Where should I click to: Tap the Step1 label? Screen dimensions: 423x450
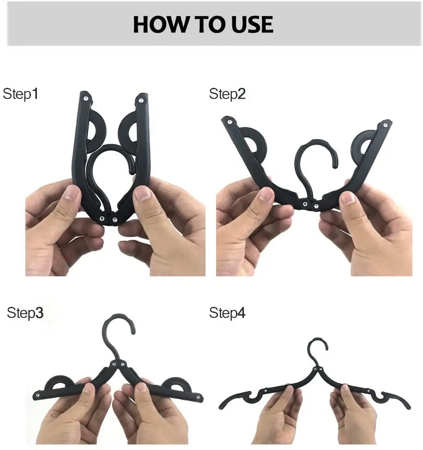click(20, 94)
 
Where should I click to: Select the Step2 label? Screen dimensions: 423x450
click(227, 94)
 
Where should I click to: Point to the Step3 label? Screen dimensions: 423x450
click(25, 312)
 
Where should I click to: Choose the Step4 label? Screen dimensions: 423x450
click(227, 312)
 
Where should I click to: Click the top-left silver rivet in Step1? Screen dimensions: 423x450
click(86, 98)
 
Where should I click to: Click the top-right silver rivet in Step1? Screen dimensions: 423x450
click(141, 100)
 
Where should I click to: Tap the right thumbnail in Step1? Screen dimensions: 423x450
click(143, 194)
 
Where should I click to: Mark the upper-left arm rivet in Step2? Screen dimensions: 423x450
click(230, 122)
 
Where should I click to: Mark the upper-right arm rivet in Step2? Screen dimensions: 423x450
click(386, 125)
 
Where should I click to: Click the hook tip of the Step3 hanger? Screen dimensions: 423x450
click(133, 331)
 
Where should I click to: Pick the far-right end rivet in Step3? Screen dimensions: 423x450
click(198, 397)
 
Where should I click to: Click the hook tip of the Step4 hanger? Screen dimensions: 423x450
click(326, 348)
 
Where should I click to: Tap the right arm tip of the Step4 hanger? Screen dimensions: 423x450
click(409, 407)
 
